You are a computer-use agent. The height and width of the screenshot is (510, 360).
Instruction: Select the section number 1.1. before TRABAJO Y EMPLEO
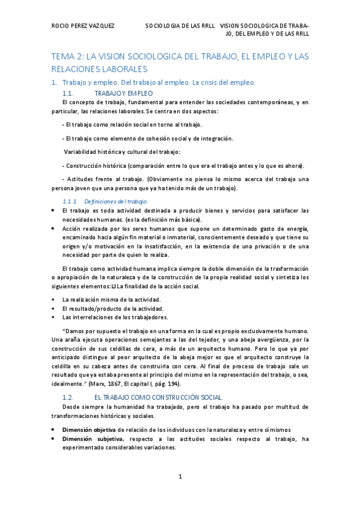click(x=67, y=93)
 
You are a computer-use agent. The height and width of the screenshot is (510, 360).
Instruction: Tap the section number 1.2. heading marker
click(x=67, y=381)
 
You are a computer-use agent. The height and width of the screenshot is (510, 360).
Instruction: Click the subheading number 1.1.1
click(x=70, y=201)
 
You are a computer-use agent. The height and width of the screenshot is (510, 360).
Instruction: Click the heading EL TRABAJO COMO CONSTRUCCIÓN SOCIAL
click(x=159, y=381)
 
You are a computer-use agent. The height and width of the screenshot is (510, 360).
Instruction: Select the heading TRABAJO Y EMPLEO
click(x=124, y=93)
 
